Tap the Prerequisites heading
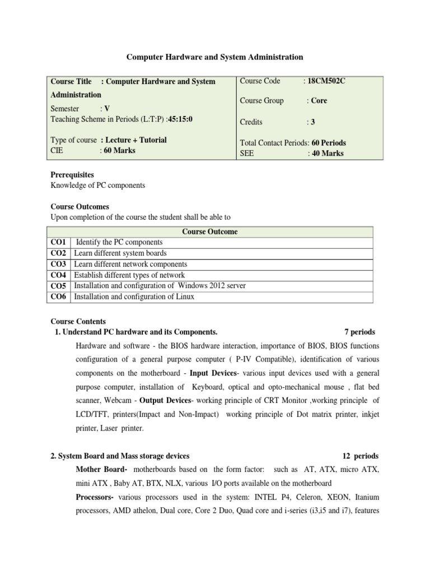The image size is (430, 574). [x=72, y=175]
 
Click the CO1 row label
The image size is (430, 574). [x=58, y=242]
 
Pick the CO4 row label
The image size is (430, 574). [x=58, y=275]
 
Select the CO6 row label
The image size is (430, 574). [x=58, y=297]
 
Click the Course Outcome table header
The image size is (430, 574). [x=210, y=232]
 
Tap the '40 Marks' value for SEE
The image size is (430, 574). [x=328, y=154]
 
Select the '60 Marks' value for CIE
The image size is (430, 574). [x=119, y=150]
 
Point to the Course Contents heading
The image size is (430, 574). [x=78, y=322]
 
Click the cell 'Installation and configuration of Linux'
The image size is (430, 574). [x=134, y=297]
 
